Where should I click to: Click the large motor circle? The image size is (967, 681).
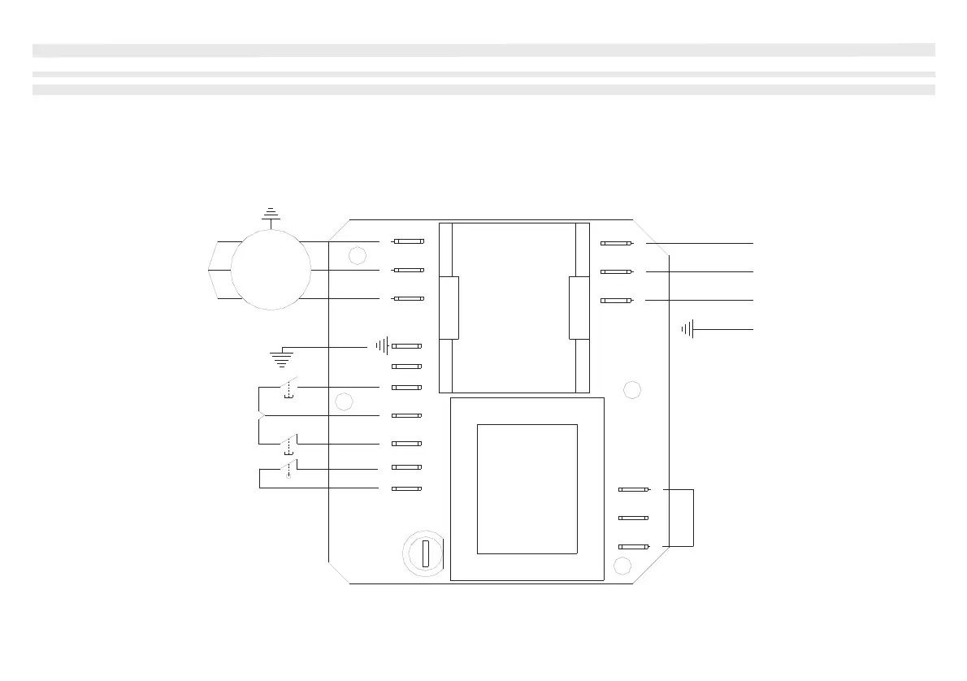pyautogui.click(x=271, y=269)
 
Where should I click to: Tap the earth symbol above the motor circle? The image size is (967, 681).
pyautogui.click(x=270, y=215)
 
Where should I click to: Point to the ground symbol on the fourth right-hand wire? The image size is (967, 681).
pyautogui.click(x=688, y=329)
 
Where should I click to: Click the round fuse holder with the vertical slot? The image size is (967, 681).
pyautogui.click(x=424, y=555)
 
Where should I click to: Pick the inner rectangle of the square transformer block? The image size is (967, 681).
pyautogui.click(x=527, y=488)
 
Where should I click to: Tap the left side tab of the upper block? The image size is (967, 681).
pyautogui.click(x=449, y=307)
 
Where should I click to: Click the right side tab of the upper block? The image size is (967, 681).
pyautogui.click(x=579, y=307)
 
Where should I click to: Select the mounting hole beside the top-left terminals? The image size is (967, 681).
pyautogui.click(x=357, y=257)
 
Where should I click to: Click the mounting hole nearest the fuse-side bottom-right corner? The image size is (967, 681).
pyautogui.click(x=623, y=566)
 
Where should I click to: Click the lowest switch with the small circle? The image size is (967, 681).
pyautogui.click(x=288, y=469)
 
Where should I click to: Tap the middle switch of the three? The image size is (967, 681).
pyautogui.click(x=288, y=444)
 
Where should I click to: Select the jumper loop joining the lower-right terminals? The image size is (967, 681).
pyautogui.click(x=693, y=518)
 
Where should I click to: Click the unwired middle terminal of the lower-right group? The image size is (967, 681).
pyautogui.click(x=632, y=518)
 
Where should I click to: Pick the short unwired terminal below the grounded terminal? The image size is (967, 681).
pyautogui.click(x=406, y=367)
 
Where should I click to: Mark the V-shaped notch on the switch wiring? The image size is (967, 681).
pyautogui.click(x=261, y=416)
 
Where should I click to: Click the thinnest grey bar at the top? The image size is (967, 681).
pyautogui.click(x=483, y=74)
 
